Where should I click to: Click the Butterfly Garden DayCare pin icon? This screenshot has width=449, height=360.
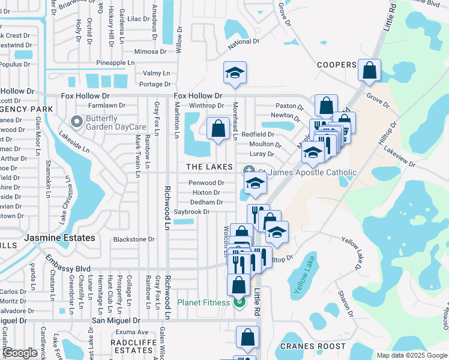pos(77,122)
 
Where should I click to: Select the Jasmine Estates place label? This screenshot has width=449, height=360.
pos(59,238)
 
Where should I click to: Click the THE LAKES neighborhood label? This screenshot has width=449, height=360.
pos(209,166)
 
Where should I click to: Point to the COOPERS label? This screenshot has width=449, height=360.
pos(337,65)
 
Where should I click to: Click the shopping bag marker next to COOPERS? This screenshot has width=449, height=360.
pos(369,70)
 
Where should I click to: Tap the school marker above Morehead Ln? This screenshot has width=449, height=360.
pos(235,73)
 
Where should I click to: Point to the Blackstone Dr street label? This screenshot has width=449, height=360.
pos(134,239)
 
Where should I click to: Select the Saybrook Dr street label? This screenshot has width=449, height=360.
pos(191,212)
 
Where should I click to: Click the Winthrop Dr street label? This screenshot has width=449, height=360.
pos(206,106)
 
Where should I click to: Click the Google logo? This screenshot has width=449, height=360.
pos(20,353)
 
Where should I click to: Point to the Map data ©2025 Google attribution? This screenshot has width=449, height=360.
pos(411,355)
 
